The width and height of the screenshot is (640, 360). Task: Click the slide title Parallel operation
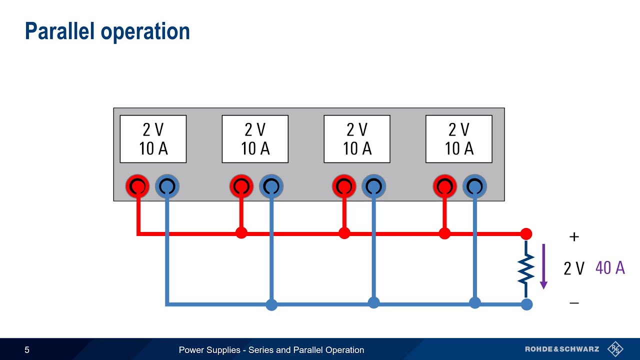coord(107,31)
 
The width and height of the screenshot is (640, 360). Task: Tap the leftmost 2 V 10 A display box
coord(153,139)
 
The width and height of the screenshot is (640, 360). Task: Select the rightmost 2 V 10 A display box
coord(458,139)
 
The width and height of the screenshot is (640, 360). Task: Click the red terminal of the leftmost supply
coord(137,186)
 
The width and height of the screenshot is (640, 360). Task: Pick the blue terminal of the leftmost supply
coord(167,186)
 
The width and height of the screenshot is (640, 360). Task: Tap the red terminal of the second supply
coord(241,186)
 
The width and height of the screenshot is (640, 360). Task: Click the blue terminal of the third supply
coord(373,186)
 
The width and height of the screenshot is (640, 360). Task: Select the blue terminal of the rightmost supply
coord(474,186)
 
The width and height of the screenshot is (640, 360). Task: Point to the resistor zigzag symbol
coord(526,269)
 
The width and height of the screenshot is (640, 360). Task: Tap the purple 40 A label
coord(610,268)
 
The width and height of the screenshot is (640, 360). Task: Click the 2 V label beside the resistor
coord(574,268)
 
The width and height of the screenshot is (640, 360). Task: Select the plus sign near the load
coord(574,237)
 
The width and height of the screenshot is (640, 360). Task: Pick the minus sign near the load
coord(574,303)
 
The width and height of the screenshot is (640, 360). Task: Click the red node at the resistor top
coord(526,233)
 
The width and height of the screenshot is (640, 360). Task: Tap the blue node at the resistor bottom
coord(526,304)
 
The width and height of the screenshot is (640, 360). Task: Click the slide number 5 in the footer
coord(27,350)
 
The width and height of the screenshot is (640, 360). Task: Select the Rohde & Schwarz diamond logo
coord(615,349)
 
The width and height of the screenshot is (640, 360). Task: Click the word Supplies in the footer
coord(224,350)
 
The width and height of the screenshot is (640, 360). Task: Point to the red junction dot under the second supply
coord(241,233)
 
